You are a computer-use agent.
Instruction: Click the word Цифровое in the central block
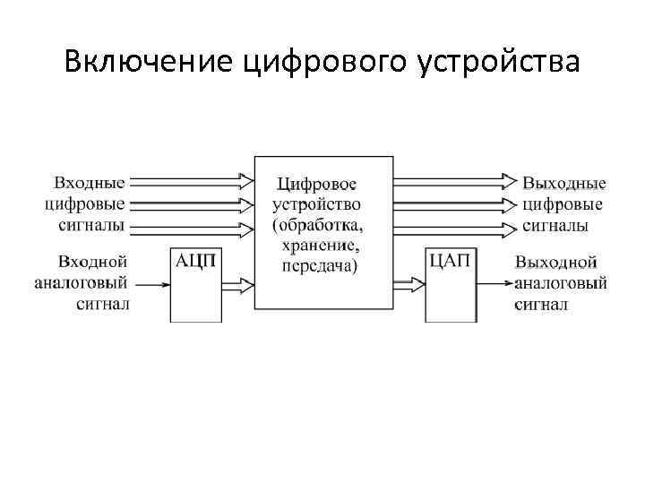click(315, 185)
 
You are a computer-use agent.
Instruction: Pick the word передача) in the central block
click(319, 265)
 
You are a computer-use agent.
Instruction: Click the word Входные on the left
click(90, 183)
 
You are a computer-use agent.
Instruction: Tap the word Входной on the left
click(92, 262)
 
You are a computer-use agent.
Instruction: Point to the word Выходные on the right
click(564, 183)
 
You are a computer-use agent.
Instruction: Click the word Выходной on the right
click(556, 263)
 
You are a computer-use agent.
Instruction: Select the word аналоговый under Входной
click(83, 283)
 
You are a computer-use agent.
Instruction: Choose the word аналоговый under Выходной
click(561, 283)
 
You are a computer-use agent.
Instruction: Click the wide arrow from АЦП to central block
click(237, 286)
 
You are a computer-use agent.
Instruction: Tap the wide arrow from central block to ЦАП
click(409, 286)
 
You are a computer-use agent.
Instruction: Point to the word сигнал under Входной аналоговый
click(102, 304)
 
